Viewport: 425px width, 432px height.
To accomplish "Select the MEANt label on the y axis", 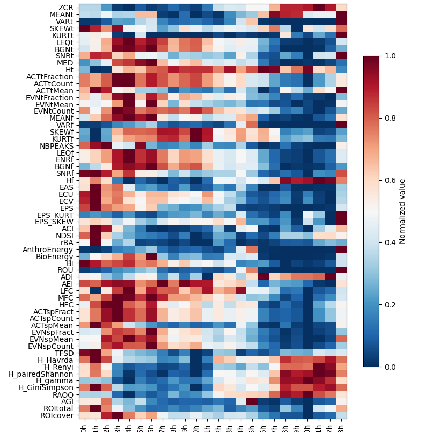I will coord(62,14).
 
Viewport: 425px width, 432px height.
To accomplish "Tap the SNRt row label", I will coord(64,56).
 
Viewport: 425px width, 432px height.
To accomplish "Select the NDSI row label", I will coord(64,236).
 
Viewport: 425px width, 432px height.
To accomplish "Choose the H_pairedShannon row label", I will coord(46,374).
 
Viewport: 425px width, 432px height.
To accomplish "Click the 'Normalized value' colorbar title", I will coord(417,211).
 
